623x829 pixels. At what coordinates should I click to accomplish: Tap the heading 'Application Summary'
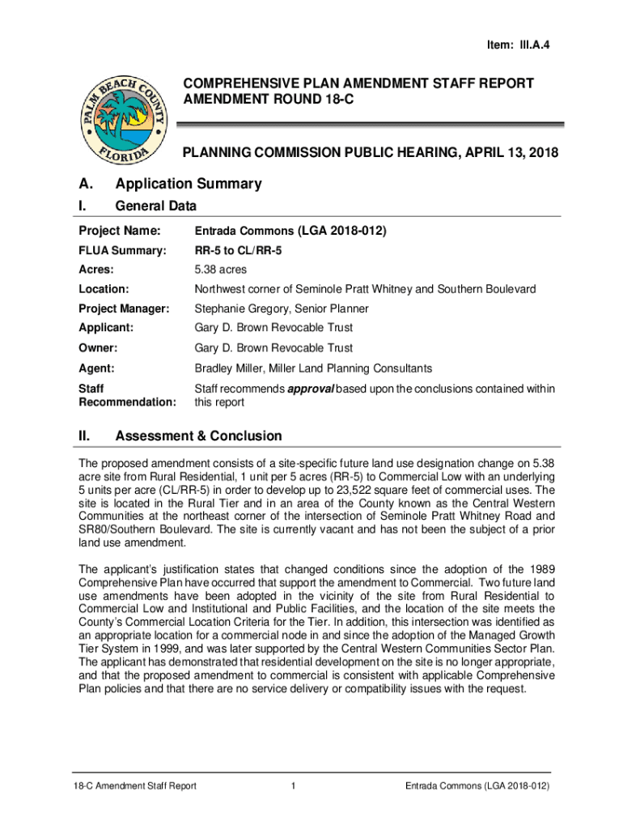pyautogui.click(x=189, y=184)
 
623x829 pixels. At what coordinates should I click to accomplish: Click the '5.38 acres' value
pyautogui.click(x=221, y=270)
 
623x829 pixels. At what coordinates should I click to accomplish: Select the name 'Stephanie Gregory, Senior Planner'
pyautogui.click(x=282, y=308)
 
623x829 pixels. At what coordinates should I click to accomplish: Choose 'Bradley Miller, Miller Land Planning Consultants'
pyautogui.click(x=313, y=368)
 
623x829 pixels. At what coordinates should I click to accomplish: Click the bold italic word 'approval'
pyautogui.click(x=312, y=389)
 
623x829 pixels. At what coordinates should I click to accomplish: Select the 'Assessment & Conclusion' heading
pyautogui.click(x=198, y=436)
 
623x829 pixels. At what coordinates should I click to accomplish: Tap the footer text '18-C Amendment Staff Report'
pyautogui.click(x=133, y=786)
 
